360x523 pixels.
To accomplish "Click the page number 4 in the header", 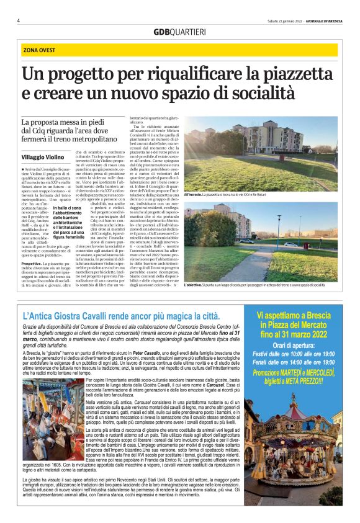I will click(18, 20).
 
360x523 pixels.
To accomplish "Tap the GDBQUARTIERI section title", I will click(179, 32).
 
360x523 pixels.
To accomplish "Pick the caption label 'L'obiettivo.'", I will click(187, 285).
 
